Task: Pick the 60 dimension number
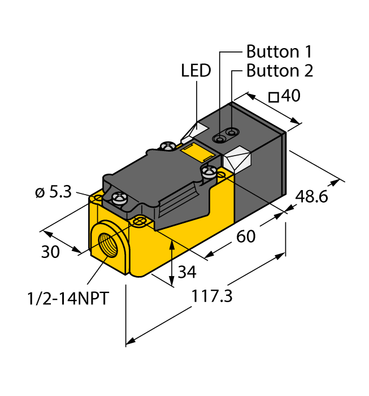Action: click(246, 236)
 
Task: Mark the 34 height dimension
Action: click(187, 272)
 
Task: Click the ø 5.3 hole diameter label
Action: click(53, 192)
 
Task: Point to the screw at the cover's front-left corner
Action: click(119, 197)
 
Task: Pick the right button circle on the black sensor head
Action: click(231, 133)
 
